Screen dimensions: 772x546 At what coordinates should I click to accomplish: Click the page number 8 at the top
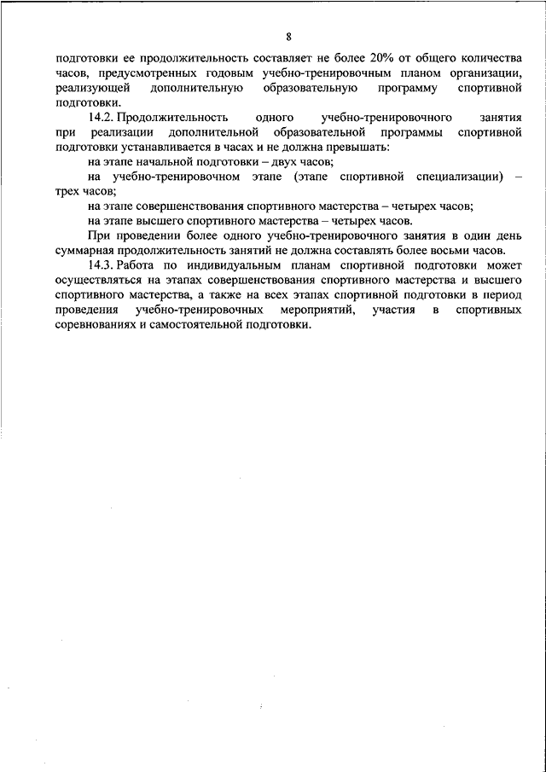[x=289, y=37]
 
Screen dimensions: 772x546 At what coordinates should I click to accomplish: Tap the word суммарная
[x=84, y=250]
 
